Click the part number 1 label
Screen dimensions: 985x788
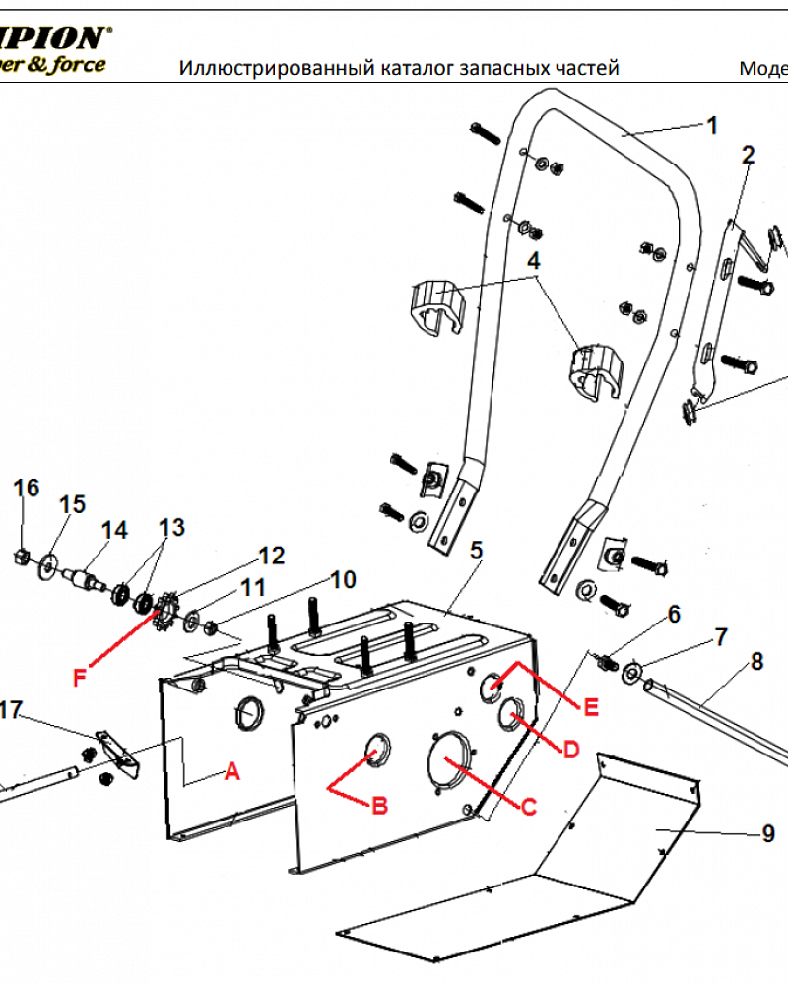coord(712,125)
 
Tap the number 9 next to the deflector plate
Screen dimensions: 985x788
coord(768,834)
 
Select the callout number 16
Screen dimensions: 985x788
coord(27,488)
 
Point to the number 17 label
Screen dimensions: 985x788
coord(10,709)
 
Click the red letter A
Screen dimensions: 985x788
coord(232,773)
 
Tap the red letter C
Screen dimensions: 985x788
coord(528,807)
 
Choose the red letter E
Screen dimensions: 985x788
coord(590,707)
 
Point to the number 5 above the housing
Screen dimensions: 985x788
coord(476,550)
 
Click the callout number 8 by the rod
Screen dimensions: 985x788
coord(756,661)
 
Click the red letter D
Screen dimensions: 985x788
coord(569,750)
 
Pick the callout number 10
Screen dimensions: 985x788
coord(342,579)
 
